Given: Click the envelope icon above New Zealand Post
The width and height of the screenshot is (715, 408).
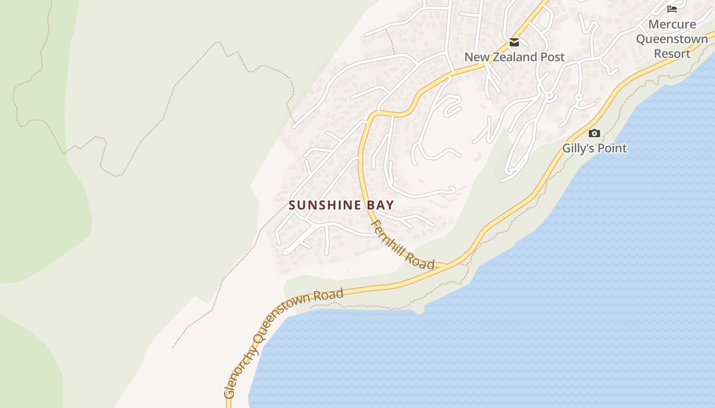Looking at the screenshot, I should (514, 42).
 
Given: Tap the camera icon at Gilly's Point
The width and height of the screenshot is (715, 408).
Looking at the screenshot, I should (594, 133).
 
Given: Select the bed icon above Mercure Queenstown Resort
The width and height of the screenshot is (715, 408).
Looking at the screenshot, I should (672, 9).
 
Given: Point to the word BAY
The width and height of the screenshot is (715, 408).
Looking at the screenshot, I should (379, 205).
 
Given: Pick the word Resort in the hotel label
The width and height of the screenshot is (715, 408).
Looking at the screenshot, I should (672, 54).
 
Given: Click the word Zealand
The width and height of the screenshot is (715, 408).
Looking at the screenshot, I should (514, 57).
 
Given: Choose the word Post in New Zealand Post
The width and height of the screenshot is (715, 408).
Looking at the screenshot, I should (553, 57).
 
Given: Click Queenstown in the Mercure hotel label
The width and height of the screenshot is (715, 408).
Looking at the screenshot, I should (672, 39).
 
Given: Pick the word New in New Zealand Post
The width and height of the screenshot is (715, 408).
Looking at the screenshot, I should (475, 57).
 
